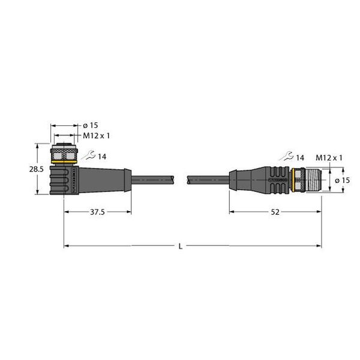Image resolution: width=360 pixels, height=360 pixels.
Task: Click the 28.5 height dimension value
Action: (x=37, y=170)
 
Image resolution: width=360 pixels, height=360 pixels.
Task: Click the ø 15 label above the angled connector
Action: (x=90, y=125)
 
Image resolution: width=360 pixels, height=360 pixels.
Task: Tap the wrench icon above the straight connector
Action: (x=284, y=157)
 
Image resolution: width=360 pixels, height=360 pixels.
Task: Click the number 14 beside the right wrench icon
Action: (x=299, y=157)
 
